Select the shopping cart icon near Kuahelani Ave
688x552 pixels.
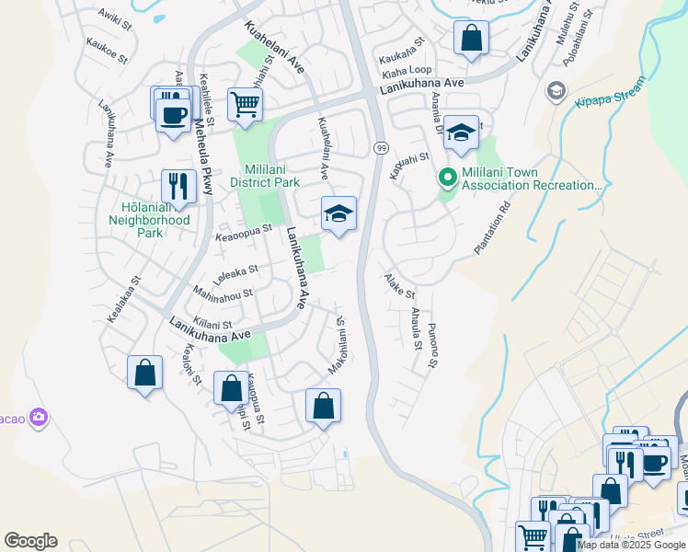click(245, 105)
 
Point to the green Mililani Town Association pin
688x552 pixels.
click(449, 178)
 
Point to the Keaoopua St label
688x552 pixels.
click(244, 234)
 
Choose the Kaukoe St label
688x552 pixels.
click(106, 47)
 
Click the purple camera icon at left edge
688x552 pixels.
click(38, 419)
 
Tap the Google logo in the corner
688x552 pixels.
click(30, 541)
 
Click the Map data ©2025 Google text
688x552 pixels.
click(631, 545)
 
